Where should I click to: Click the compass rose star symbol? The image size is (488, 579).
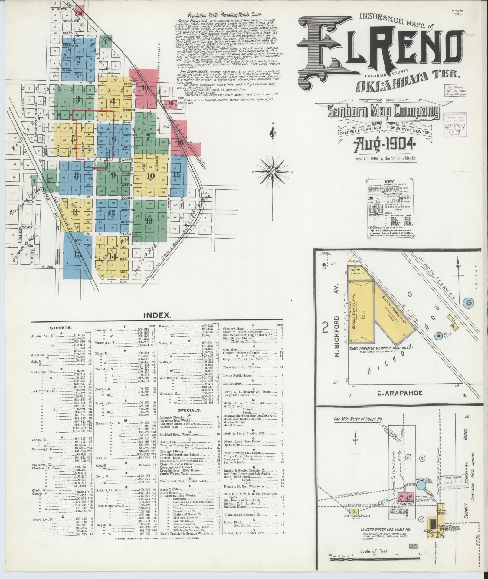(273, 172)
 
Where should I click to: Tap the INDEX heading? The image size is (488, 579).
(157, 315)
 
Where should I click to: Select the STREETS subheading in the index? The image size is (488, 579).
(61, 327)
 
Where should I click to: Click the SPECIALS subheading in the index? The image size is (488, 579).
(190, 410)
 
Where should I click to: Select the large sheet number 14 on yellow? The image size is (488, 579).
(113, 256)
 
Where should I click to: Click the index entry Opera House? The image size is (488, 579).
(233, 445)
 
